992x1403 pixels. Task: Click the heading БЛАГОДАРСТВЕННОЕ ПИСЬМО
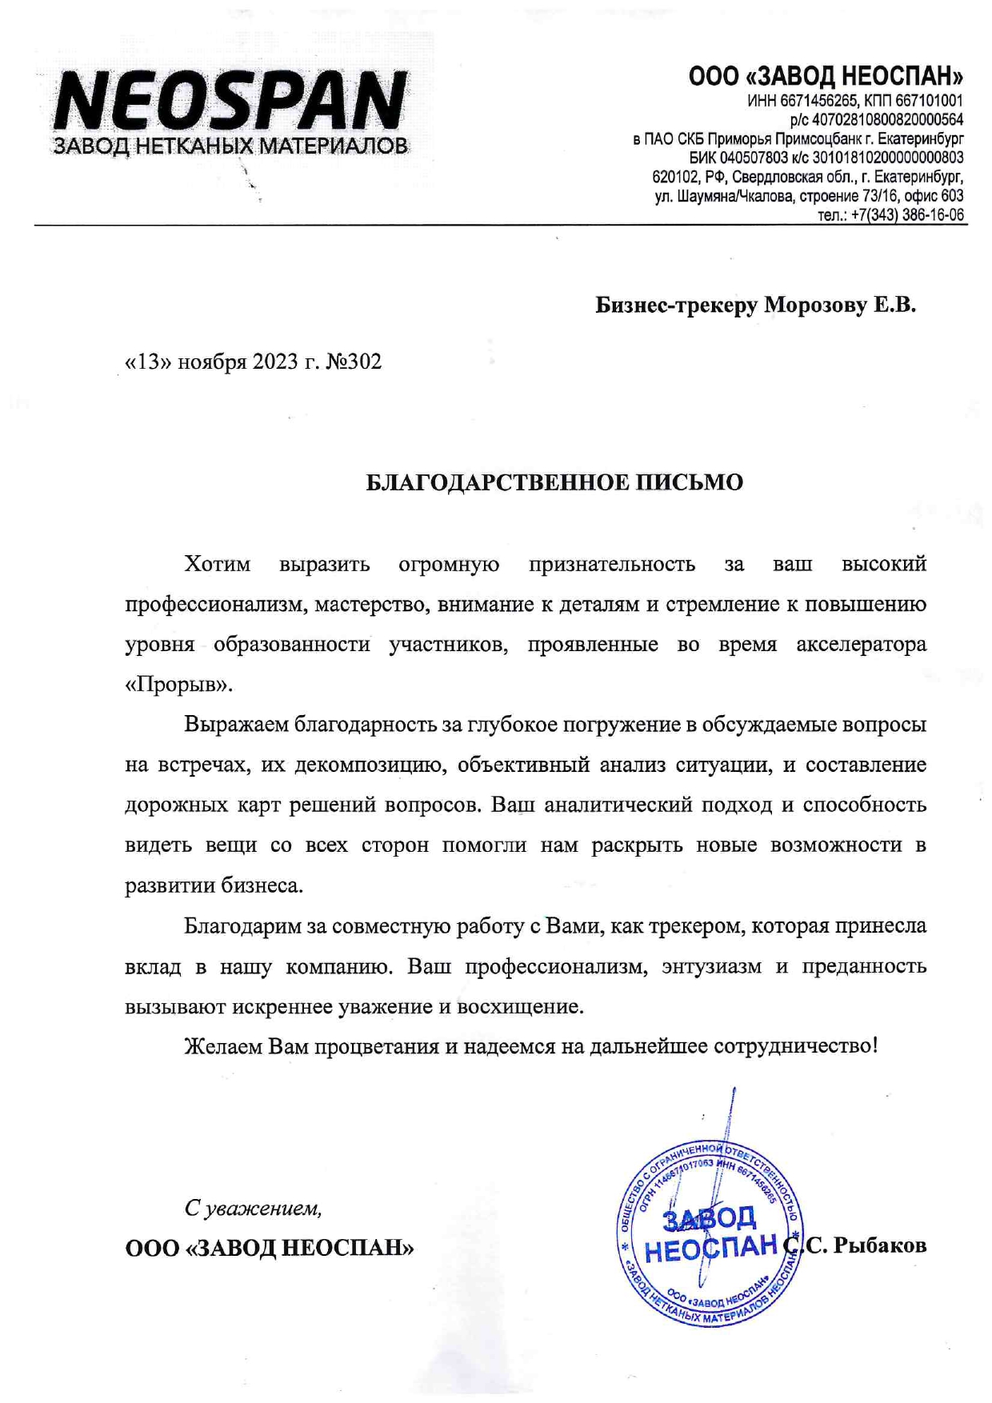(x=554, y=483)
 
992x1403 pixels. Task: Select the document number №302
(x=354, y=362)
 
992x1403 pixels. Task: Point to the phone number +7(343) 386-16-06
(x=907, y=215)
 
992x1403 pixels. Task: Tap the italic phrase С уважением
(x=253, y=1208)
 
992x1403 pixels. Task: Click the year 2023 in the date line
(x=275, y=362)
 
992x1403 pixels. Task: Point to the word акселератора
(x=861, y=645)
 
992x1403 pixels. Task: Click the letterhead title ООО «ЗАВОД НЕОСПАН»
(x=826, y=77)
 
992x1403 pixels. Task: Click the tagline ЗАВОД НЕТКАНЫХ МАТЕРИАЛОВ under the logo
(x=230, y=146)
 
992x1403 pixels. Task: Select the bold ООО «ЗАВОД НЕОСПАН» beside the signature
(x=270, y=1249)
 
